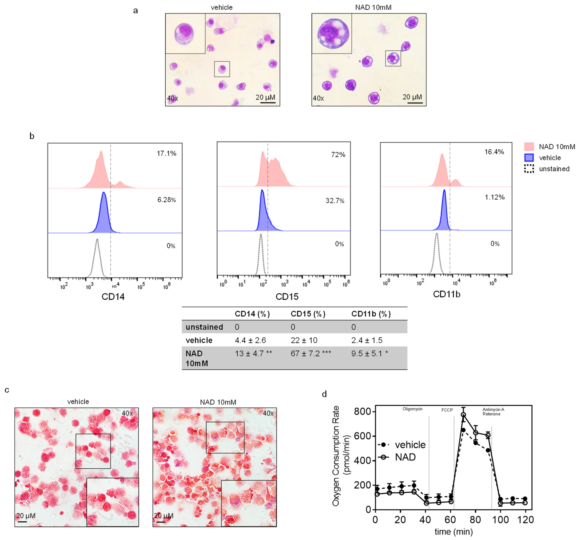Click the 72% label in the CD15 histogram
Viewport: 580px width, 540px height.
pos(338,155)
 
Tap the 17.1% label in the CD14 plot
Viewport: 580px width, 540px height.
pos(166,153)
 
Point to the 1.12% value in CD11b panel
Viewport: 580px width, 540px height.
pos(495,197)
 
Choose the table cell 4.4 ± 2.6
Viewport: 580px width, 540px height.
pos(250,340)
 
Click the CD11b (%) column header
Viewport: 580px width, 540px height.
pos(371,314)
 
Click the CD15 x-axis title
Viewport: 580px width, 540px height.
pos(287,297)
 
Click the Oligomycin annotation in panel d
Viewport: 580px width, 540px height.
pos(412,409)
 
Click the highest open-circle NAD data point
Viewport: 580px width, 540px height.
pos(463,415)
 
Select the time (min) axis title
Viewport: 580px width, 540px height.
pos(453,532)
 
